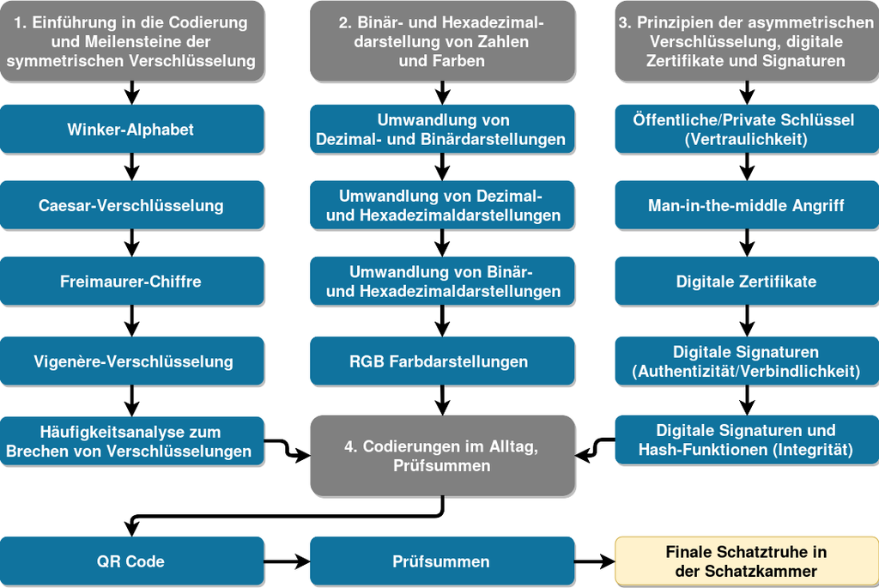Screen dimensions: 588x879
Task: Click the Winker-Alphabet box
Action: (x=131, y=130)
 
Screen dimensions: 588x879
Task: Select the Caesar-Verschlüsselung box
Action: (x=131, y=205)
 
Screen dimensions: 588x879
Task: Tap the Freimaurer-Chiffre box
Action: (x=131, y=282)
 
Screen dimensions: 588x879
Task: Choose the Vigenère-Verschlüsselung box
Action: (x=131, y=361)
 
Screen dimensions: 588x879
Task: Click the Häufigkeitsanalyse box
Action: (x=131, y=441)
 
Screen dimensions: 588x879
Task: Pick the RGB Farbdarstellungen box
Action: (x=442, y=361)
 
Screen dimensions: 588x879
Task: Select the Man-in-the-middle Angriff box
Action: (x=746, y=205)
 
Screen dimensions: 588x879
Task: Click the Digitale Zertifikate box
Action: (x=746, y=282)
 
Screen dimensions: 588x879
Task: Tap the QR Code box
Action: (x=131, y=561)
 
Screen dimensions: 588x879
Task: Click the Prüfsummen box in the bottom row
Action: (x=442, y=561)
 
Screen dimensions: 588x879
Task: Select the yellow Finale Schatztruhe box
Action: (x=746, y=561)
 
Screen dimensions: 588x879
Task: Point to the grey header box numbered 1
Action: (x=131, y=41)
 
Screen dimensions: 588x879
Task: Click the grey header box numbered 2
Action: (x=442, y=41)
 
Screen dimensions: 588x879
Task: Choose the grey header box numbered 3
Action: (x=746, y=41)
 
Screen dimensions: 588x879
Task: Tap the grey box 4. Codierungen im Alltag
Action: (x=442, y=456)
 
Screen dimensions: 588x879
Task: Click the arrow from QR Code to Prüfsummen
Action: (x=287, y=561)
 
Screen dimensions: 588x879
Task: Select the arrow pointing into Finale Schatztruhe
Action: (x=595, y=561)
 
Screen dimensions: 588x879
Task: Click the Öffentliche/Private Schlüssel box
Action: (x=746, y=130)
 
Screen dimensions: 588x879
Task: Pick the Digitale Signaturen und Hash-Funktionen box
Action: (x=746, y=439)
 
